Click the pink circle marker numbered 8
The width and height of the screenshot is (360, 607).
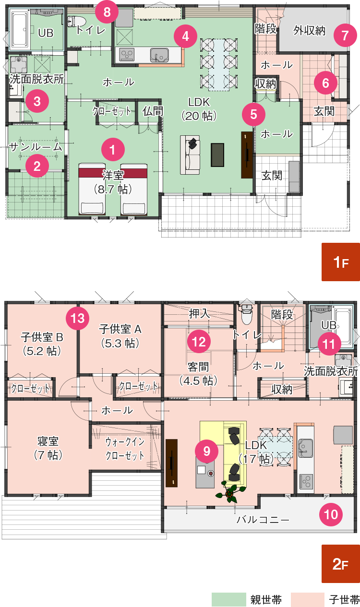pos(107,12)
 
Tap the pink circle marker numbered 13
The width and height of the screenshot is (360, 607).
pos(77,318)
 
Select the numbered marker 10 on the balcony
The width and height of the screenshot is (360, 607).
pos(331,514)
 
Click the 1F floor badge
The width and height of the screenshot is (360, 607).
pos(340,262)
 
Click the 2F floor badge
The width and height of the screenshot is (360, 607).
pos(340,564)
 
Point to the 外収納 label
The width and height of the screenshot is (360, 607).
pos(309,31)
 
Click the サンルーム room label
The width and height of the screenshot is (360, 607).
pos(36,147)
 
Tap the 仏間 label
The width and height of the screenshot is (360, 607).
pos(153,111)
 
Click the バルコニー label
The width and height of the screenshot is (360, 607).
pos(263,520)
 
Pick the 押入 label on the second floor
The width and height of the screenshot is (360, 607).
pos(199,314)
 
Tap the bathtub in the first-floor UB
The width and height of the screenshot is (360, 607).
pos(20,30)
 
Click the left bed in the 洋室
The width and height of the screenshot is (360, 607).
pos(92,190)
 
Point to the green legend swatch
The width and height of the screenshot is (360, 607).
pos(229,599)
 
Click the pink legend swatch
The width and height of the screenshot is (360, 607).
pos(308,599)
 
